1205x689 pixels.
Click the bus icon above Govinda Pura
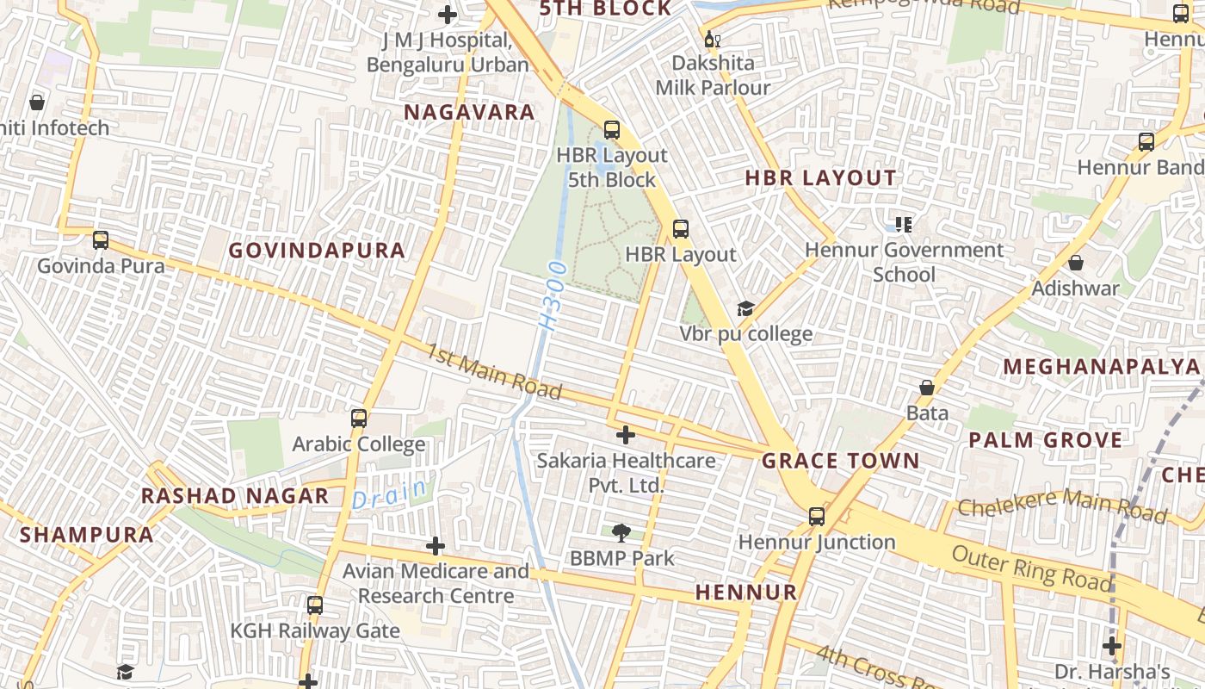(x=101, y=240)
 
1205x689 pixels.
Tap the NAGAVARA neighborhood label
(x=469, y=113)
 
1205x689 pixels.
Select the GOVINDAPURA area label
(x=317, y=251)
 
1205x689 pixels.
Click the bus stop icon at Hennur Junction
(x=817, y=517)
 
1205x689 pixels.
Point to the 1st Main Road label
(x=494, y=372)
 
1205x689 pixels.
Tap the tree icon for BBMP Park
(x=621, y=533)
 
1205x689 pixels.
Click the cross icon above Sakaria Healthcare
(x=626, y=435)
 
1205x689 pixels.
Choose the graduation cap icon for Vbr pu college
(x=745, y=309)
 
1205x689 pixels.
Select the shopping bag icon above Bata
(x=927, y=388)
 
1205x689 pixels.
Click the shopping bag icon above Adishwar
(x=1076, y=263)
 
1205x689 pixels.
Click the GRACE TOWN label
(x=841, y=461)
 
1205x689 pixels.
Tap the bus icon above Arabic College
(x=359, y=419)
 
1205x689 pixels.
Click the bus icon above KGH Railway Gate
(x=315, y=605)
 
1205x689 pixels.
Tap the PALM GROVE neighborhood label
(x=1046, y=440)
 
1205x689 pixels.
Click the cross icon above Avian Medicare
(x=436, y=546)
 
